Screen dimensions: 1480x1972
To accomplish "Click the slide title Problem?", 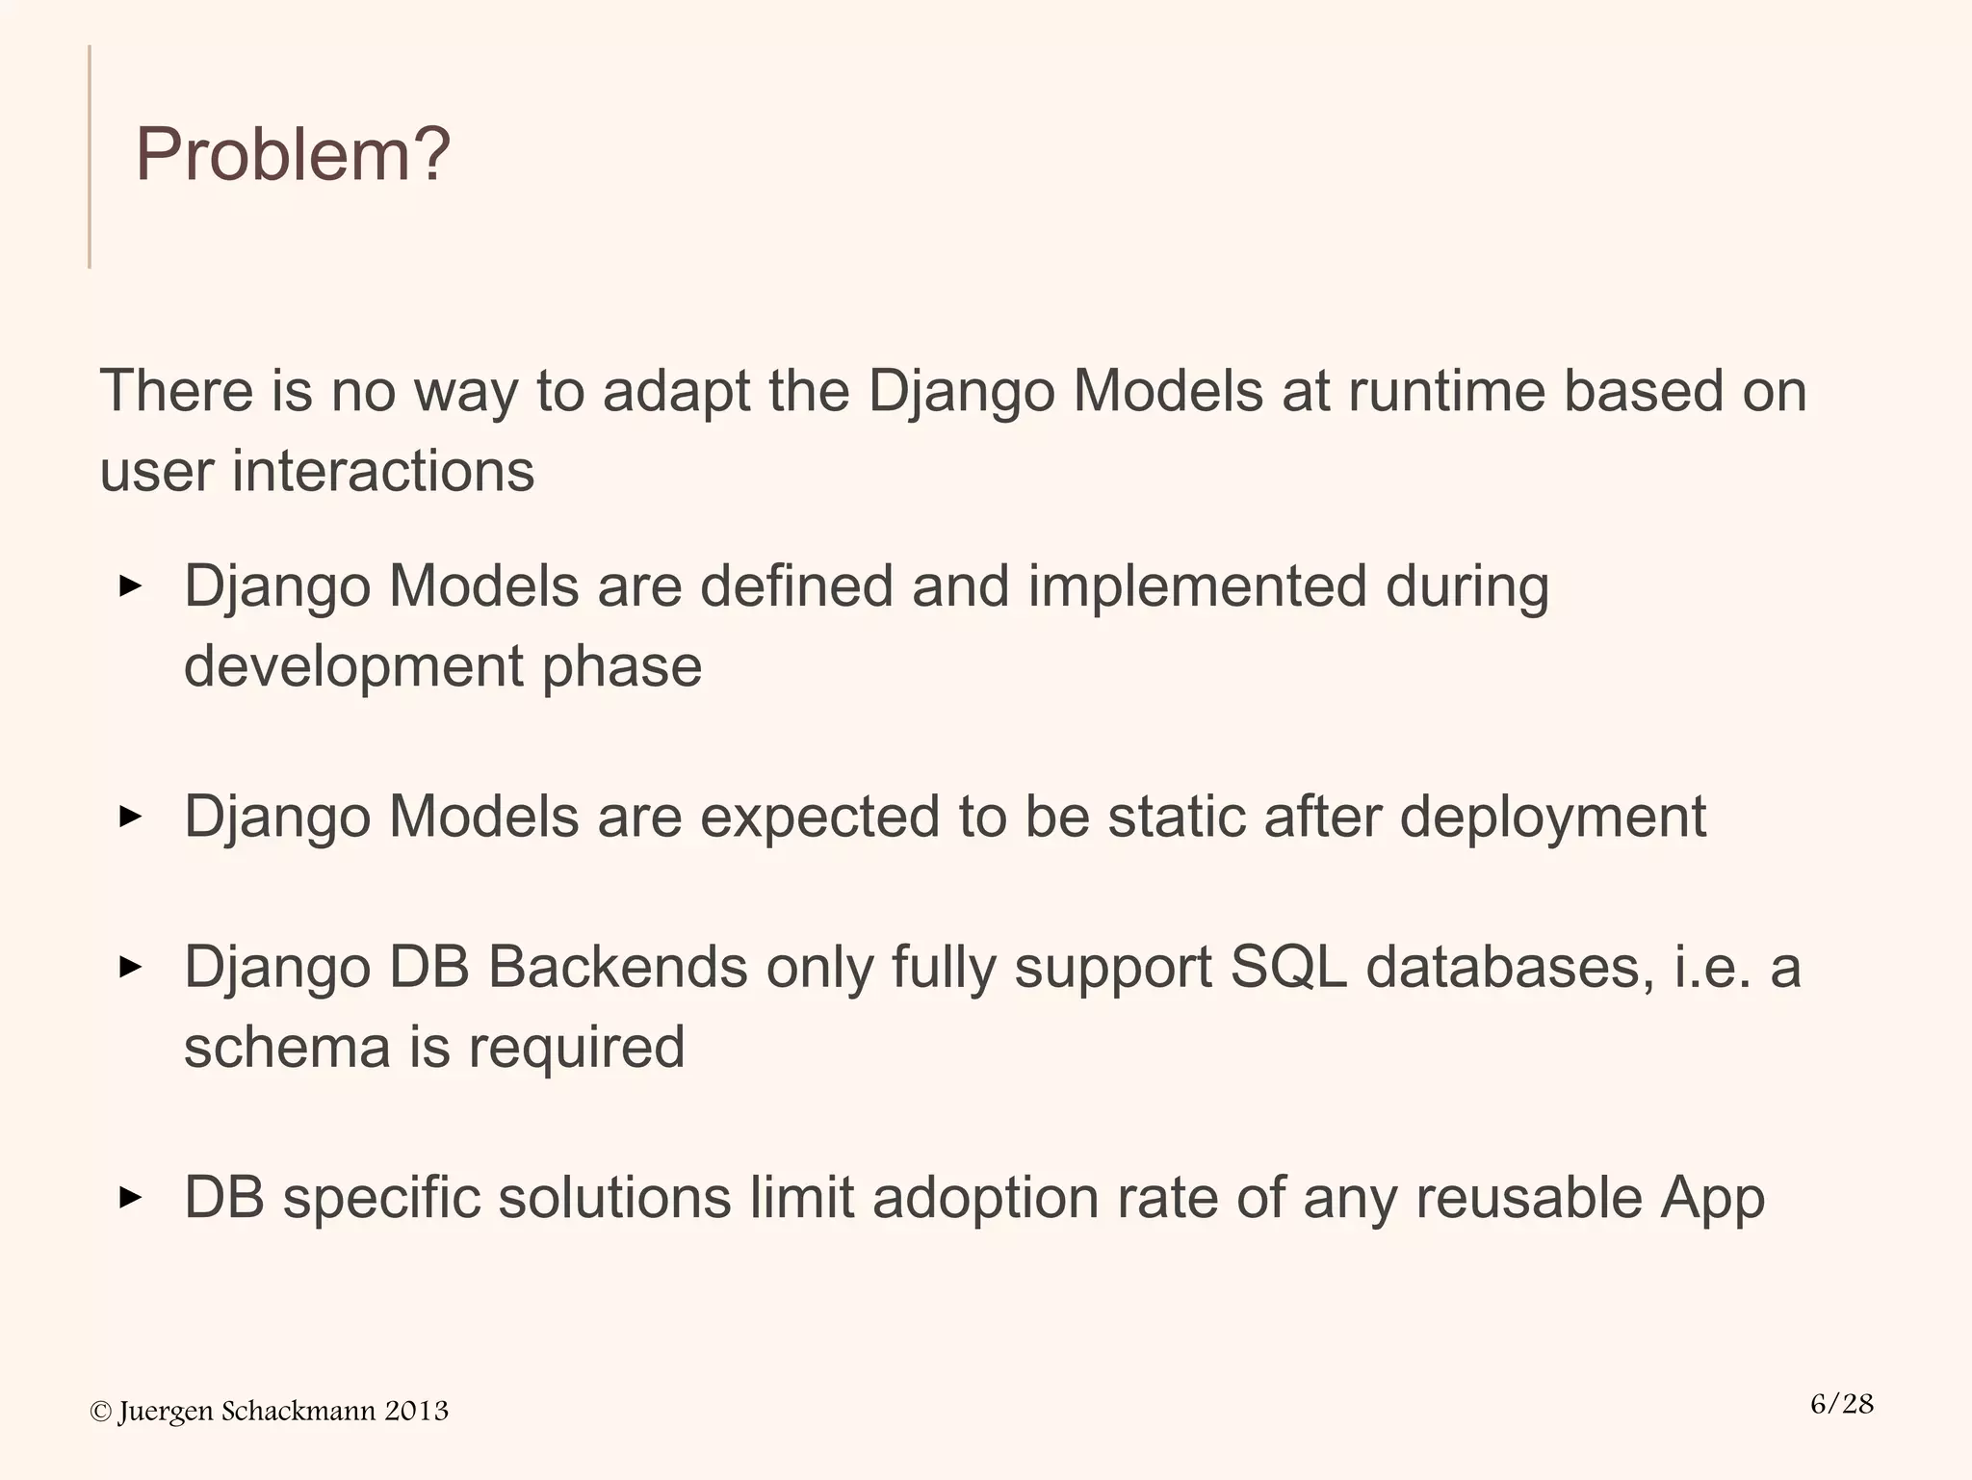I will click(x=293, y=154).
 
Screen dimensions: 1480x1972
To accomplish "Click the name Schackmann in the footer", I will click(x=298, y=1411).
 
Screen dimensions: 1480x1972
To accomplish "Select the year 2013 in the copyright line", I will click(x=416, y=1411).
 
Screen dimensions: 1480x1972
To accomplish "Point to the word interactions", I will click(x=382, y=472).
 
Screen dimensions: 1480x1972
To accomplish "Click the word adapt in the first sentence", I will click(x=675, y=393).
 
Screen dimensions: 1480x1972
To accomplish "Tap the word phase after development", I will click(x=621, y=666).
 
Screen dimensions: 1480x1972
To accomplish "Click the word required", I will click(x=576, y=1049).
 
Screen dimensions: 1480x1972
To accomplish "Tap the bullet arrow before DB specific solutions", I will click(x=130, y=1198).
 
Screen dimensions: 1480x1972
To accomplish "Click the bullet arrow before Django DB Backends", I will click(x=130, y=966).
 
